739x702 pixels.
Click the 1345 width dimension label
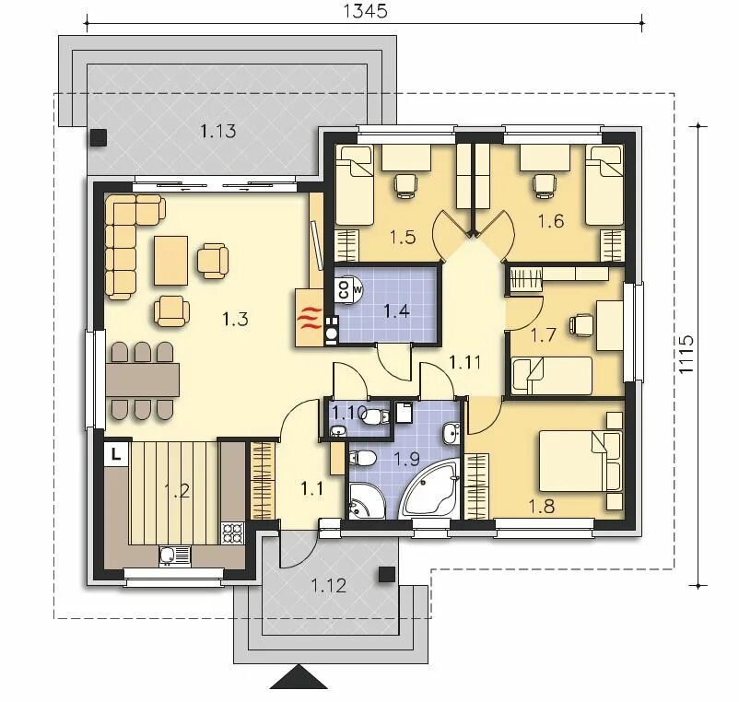click(365, 11)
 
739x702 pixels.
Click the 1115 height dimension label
click(686, 355)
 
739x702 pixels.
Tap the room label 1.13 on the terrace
click(217, 131)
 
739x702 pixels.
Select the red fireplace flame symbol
click(310, 319)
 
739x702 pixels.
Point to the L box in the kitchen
click(116, 454)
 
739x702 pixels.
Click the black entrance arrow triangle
click(299, 677)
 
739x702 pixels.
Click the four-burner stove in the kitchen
click(233, 533)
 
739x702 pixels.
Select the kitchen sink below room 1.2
click(175, 556)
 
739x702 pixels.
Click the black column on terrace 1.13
click(99, 137)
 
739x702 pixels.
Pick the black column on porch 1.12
click(387, 574)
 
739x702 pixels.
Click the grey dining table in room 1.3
click(143, 380)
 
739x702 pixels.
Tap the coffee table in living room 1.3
click(170, 261)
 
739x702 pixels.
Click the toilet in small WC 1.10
click(376, 416)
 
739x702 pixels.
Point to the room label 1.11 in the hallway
click(464, 362)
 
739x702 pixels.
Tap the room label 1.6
click(551, 221)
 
